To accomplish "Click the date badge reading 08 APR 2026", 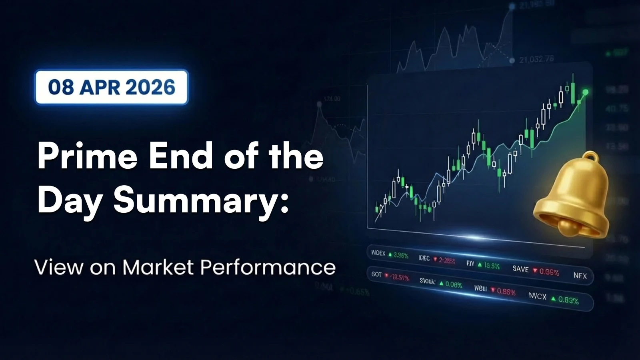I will point(112,87).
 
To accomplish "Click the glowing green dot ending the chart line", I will point(585,92).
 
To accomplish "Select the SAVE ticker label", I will point(520,269).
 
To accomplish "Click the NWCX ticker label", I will point(537,296).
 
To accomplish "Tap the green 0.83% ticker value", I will point(568,300).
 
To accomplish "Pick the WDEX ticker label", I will point(378,253).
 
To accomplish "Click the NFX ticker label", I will point(580,276).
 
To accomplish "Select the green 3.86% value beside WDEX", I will point(401,255).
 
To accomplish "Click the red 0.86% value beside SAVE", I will point(549,272).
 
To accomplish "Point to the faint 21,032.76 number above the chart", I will point(536,59).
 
